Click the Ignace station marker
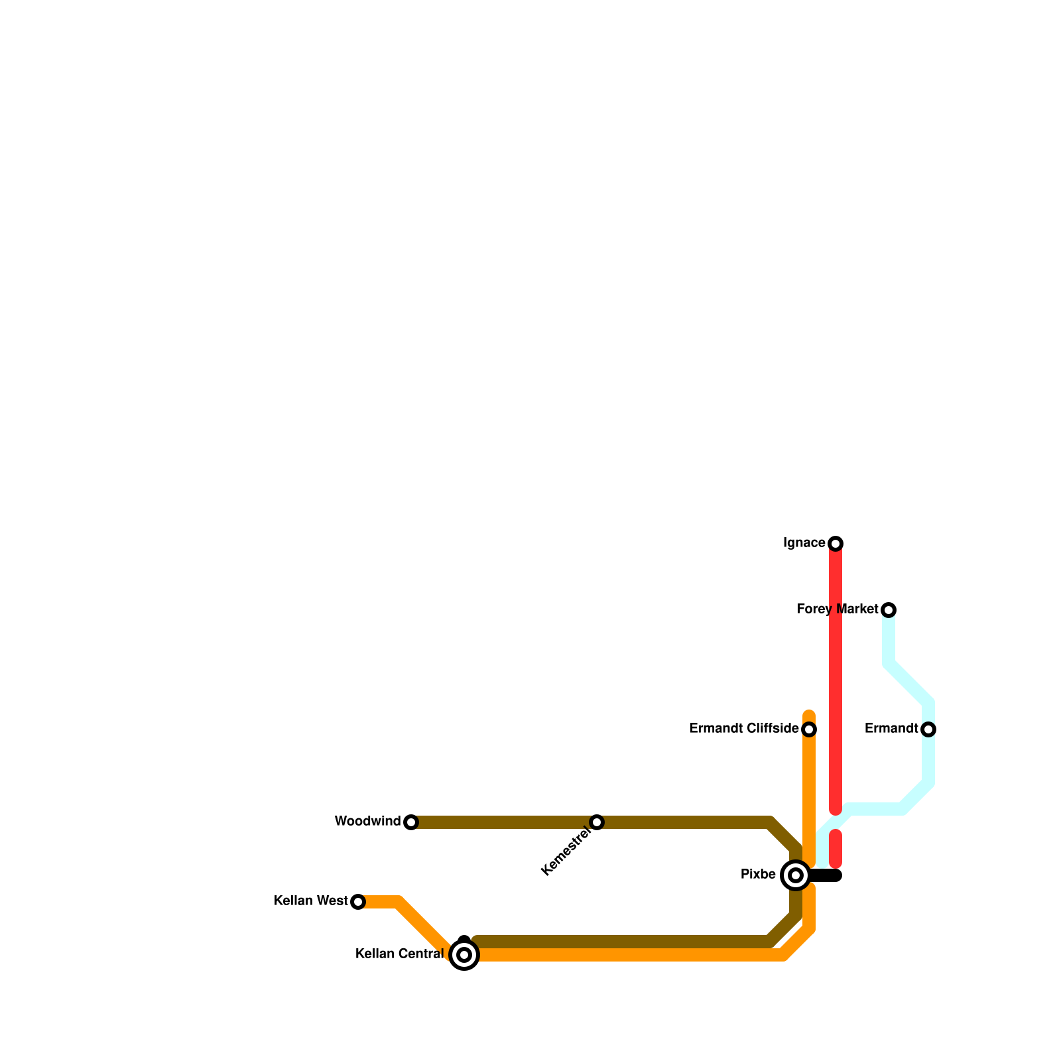[x=836, y=544]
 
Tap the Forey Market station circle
[x=889, y=609]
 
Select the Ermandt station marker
[x=928, y=729]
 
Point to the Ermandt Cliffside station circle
[x=809, y=729]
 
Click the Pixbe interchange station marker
[x=796, y=875]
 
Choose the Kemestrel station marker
[x=597, y=822]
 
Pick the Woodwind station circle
[x=411, y=822]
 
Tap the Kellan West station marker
[x=358, y=902]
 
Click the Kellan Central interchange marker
[x=464, y=955]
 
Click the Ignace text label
[x=804, y=543]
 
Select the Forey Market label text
[x=837, y=609]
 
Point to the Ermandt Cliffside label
[x=744, y=729]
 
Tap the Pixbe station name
[x=758, y=875]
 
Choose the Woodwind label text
[x=367, y=822]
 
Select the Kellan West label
[x=310, y=901]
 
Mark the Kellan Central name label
[x=399, y=954]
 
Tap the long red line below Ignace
[x=836, y=676]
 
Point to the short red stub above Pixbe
[x=836, y=849]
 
